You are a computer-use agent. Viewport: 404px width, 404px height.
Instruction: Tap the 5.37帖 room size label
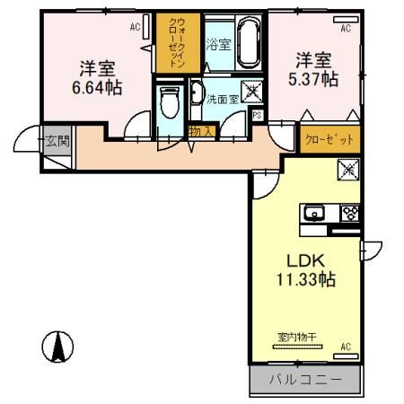[x=316, y=79]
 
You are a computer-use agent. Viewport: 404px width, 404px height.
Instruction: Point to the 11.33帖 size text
[x=305, y=279]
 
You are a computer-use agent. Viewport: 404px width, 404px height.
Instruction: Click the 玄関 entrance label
[x=57, y=140]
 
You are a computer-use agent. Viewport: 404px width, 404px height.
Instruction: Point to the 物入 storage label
[x=202, y=131]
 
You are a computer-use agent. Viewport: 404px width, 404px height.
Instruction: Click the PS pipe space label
[x=258, y=115]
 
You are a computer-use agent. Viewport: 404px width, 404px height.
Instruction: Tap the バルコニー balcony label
[x=305, y=381]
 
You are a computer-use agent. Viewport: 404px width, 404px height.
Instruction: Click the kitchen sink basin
[x=315, y=214]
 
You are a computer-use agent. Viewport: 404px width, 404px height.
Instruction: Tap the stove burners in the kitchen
[x=350, y=214]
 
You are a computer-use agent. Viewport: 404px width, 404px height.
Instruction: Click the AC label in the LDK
[x=346, y=347]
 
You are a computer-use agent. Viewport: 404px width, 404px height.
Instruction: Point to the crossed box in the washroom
[x=254, y=91]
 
